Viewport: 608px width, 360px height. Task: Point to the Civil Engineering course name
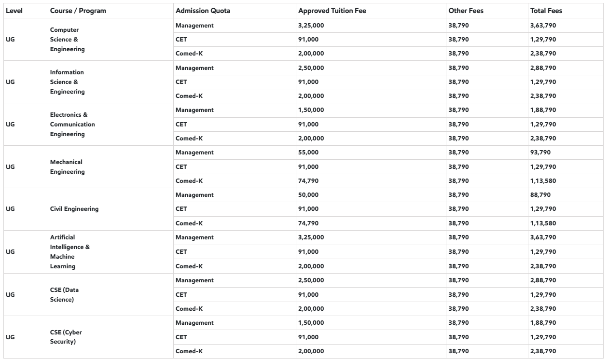pyautogui.click(x=74, y=209)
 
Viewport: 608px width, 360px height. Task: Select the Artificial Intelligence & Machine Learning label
pyautogui.click(x=70, y=251)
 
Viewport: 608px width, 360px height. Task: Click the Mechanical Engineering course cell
pyautogui.click(x=67, y=166)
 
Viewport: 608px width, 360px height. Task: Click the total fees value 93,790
pyautogui.click(x=540, y=152)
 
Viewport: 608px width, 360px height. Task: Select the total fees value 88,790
pyautogui.click(x=540, y=195)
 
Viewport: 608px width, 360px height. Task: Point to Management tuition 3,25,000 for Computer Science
pyautogui.click(x=311, y=25)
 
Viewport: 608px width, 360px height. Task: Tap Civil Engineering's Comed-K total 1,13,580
pyautogui.click(x=543, y=223)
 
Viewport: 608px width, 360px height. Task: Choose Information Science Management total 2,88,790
pyautogui.click(x=543, y=68)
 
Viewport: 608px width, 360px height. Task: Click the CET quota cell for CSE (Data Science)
pyautogui.click(x=181, y=294)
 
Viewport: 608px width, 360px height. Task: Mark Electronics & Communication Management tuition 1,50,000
pyautogui.click(x=311, y=110)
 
